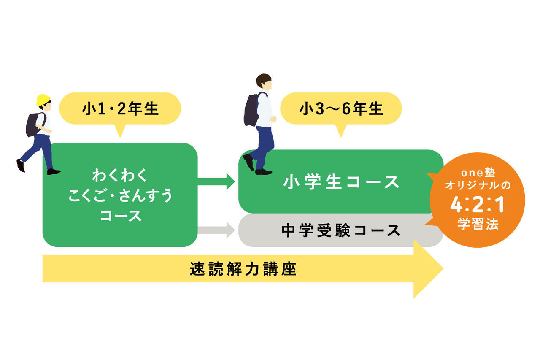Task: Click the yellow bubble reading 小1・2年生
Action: [120, 109]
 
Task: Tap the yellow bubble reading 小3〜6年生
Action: [341, 109]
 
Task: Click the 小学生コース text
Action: [341, 182]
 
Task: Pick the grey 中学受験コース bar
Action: [341, 230]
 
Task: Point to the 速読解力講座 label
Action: [243, 269]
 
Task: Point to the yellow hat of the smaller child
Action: [43, 100]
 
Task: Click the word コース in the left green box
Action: [120, 216]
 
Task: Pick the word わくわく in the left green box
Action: [120, 175]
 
